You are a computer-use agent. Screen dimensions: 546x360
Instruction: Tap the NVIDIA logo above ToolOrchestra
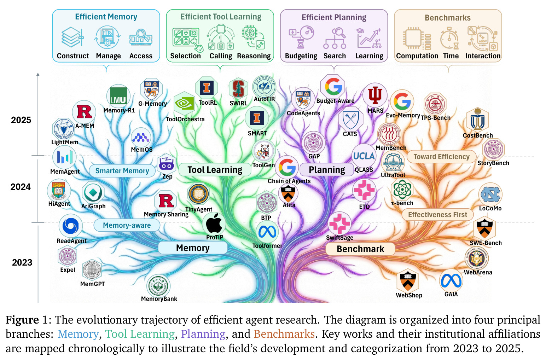[185, 104]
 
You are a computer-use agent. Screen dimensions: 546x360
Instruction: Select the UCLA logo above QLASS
[364, 156]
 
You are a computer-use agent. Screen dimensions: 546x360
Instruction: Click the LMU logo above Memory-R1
[118, 97]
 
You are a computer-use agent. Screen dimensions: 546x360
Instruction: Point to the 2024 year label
[21, 187]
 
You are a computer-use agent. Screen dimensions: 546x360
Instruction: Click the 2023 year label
[22, 262]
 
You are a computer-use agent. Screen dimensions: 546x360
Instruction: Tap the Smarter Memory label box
[122, 171]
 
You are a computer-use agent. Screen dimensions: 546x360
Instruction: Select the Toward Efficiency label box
[441, 157]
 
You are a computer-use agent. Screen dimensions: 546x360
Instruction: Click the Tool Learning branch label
[215, 170]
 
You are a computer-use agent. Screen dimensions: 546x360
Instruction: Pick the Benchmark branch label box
[360, 249]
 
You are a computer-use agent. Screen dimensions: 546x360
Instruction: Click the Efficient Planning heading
[334, 18]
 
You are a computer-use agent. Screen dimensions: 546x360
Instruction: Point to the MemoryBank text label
[159, 299]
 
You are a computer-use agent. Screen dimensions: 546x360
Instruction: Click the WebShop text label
[409, 295]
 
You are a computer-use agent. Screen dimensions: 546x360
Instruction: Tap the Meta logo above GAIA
[451, 281]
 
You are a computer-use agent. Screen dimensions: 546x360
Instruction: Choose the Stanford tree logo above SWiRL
[238, 89]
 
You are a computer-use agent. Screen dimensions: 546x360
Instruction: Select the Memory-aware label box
[127, 225]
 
